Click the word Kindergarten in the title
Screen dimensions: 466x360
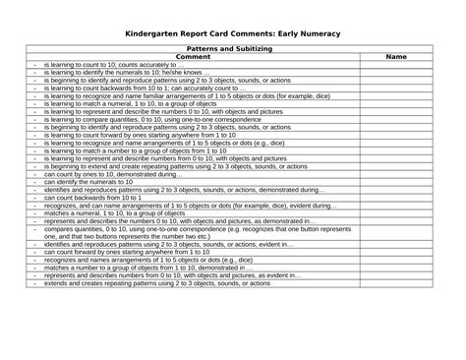[152, 34]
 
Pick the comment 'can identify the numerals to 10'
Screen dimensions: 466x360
[89, 182]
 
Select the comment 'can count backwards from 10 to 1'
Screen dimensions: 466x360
[92, 198]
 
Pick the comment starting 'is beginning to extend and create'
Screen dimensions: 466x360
[158, 166]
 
